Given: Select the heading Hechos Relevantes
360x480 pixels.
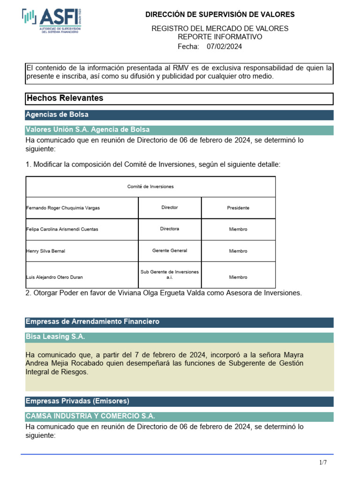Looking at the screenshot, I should click(x=65, y=98).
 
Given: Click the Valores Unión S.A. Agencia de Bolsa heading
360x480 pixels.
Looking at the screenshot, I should click(x=88, y=130).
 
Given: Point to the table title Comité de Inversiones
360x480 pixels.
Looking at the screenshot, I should click(x=150, y=187).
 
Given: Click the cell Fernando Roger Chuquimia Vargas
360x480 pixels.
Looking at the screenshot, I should click(x=63, y=208).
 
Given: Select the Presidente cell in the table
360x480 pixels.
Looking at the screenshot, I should click(x=238, y=208).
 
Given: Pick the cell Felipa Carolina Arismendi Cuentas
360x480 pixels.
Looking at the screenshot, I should click(x=62, y=229).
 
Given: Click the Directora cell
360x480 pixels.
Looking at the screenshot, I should click(x=169, y=229).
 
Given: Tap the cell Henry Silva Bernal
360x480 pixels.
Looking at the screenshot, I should click(x=46, y=251).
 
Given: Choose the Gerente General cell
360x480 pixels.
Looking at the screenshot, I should click(x=169, y=251).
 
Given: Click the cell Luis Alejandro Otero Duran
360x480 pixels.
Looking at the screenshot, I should click(x=55, y=277).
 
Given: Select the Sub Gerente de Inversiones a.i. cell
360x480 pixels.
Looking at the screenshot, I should click(x=169, y=275).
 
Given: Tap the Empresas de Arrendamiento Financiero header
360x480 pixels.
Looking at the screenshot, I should click(x=93, y=322).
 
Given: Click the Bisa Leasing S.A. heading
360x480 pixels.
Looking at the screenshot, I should click(x=55, y=337).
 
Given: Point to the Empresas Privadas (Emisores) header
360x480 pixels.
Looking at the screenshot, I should click(x=77, y=401).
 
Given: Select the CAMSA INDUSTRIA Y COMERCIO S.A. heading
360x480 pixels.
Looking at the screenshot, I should click(x=90, y=416).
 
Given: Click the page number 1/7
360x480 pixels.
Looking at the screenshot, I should click(x=323, y=463).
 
